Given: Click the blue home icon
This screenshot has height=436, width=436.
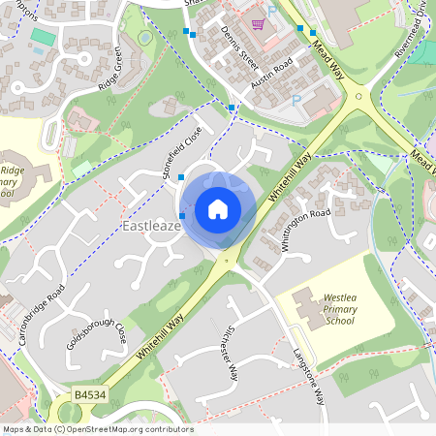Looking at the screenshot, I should tap(218, 209).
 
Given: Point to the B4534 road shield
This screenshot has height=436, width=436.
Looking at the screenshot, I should tap(90, 395).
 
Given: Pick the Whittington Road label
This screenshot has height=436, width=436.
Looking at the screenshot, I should tap(306, 230).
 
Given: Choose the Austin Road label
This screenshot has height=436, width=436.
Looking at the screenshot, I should tap(271, 74).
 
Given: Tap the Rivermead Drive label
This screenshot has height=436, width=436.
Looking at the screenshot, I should tap(410, 39).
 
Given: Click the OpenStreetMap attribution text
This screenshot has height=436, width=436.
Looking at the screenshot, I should tap(98, 429).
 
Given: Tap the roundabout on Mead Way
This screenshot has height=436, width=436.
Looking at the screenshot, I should tap(359, 97).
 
